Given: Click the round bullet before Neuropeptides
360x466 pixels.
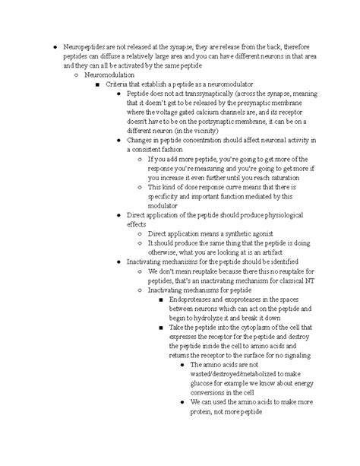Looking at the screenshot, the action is [48, 49].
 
